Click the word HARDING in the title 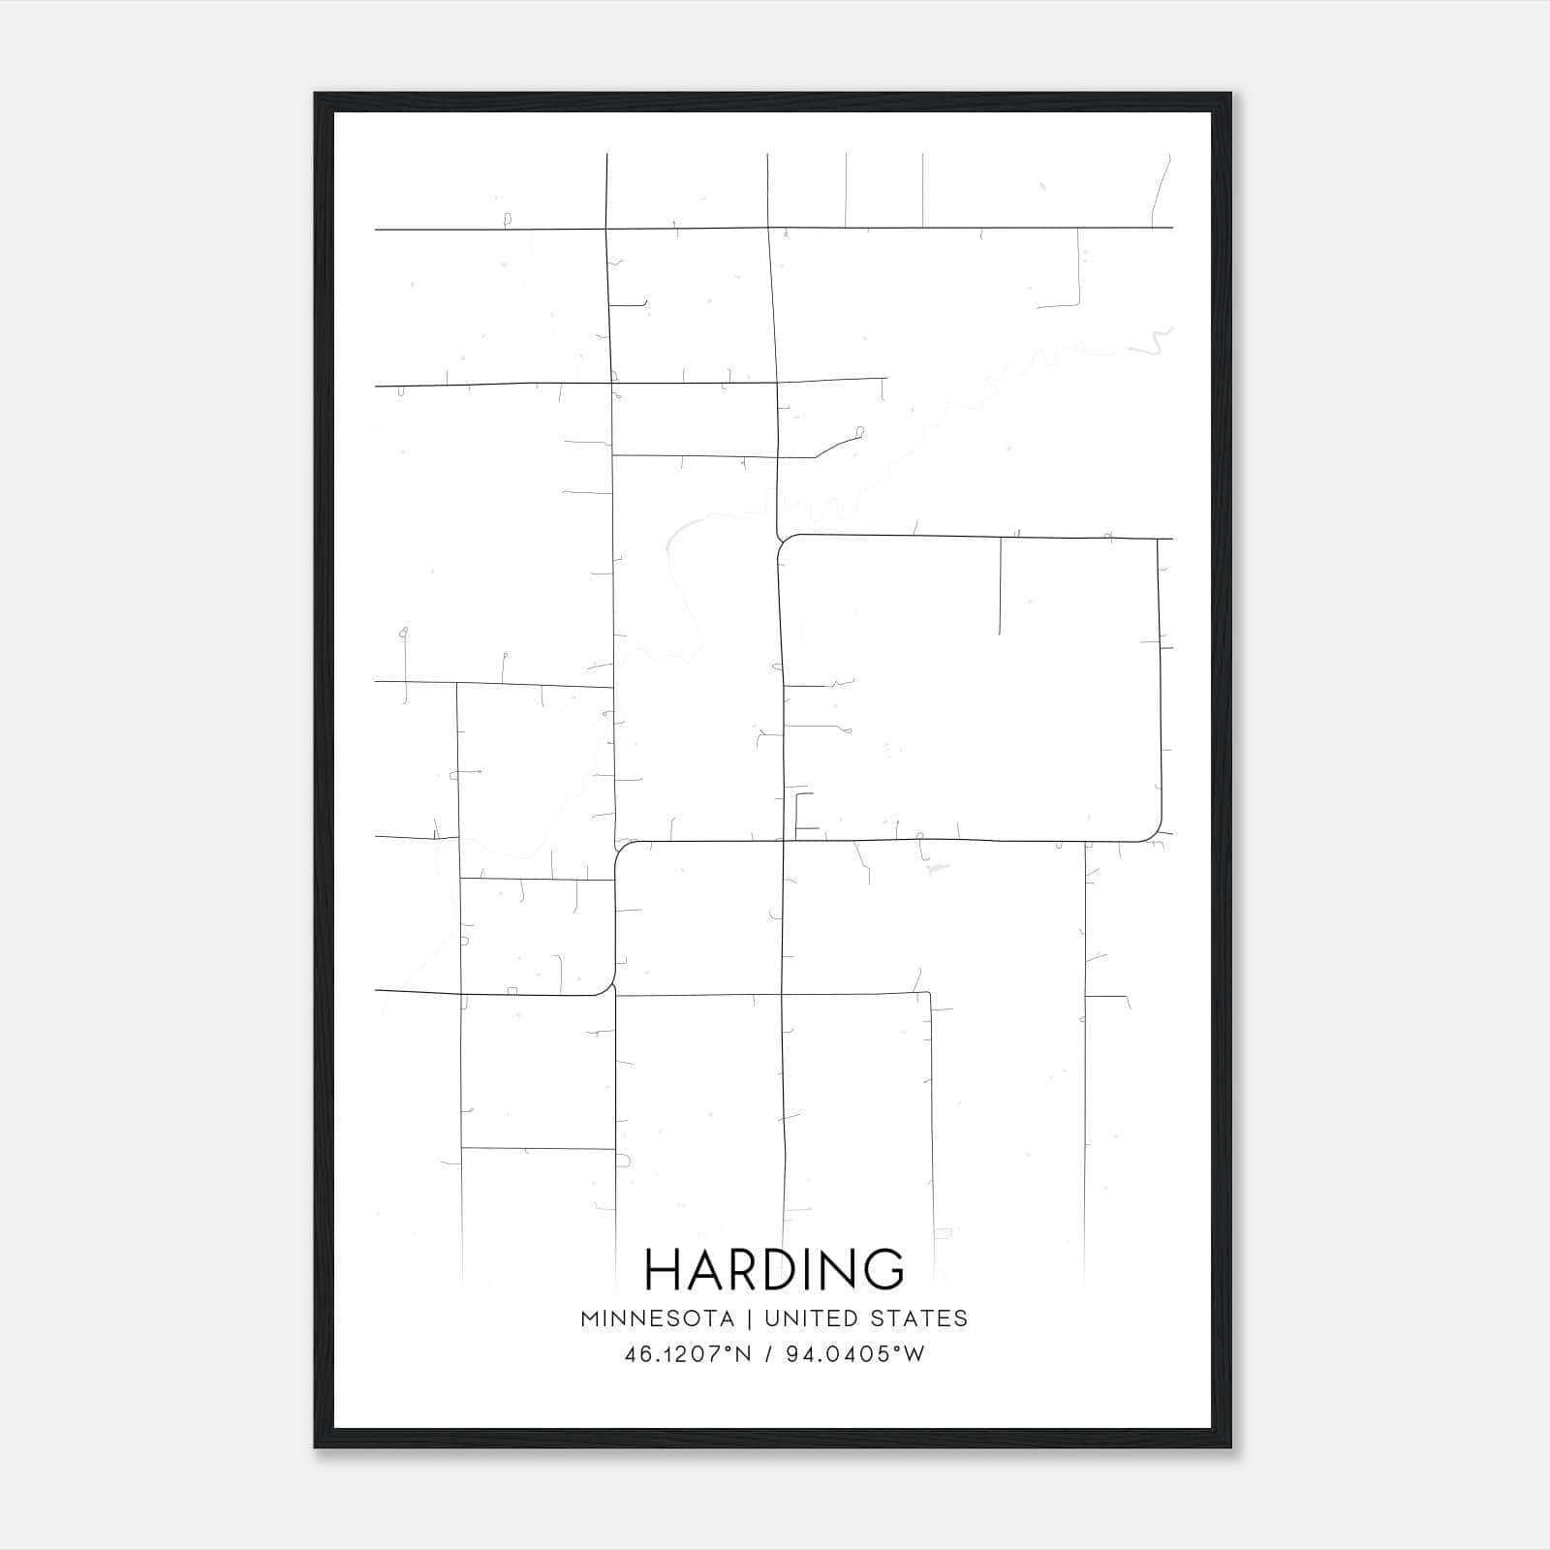coord(774,1269)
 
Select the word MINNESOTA coord(657,1318)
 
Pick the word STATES coord(919,1318)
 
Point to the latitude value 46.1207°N coord(688,1354)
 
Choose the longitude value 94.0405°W coord(857,1354)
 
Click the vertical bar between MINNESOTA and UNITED coord(749,1318)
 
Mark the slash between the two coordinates coord(768,1354)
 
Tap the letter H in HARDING coord(664,1269)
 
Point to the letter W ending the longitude coord(914,1354)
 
